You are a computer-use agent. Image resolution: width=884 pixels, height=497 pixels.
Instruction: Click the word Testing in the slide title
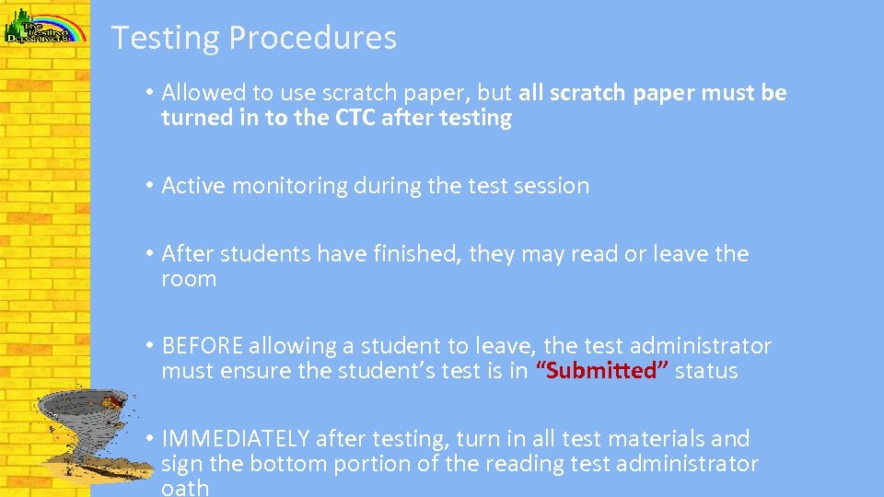[166, 38]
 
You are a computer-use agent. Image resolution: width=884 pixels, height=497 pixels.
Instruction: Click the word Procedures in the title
[312, 38]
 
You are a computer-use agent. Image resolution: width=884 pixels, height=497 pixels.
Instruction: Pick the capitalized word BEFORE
[202, 346]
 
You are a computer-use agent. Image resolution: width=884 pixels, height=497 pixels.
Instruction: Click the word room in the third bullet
[189, 279]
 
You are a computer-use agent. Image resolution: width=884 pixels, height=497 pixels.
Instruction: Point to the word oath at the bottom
[185, 487]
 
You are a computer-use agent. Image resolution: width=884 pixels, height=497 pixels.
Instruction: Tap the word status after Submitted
[706, 371]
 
